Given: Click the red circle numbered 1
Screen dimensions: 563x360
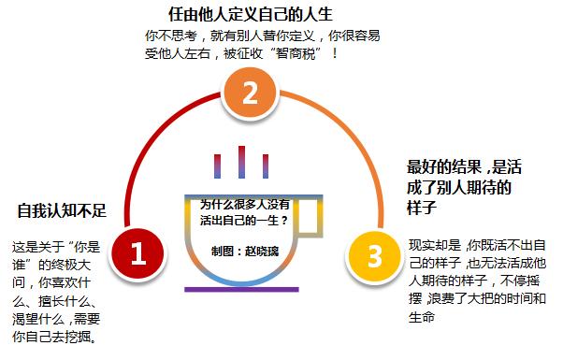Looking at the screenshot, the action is pos(138,253).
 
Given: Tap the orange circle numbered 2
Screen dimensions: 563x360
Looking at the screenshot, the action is pos(248,94).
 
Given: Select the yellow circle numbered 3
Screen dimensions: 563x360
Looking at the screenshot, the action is pos(374,255).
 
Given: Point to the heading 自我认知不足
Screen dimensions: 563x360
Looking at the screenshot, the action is pos(62,210).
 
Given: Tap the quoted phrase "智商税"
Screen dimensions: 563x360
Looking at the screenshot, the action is pos(294,54).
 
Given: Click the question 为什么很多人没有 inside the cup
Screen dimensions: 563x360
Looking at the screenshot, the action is pos(245,203).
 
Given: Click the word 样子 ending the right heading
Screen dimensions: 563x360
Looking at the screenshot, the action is pos(425,208).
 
